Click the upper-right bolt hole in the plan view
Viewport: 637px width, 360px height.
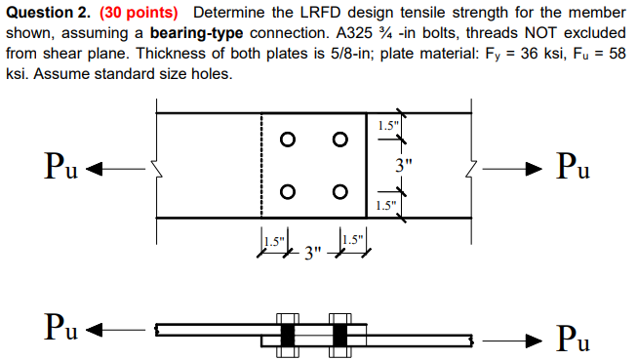(339, 140)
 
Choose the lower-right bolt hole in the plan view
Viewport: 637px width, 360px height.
(339, 191)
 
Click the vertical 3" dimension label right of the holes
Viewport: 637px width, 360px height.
(402, 165)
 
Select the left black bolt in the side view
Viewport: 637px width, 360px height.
(287, 335)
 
